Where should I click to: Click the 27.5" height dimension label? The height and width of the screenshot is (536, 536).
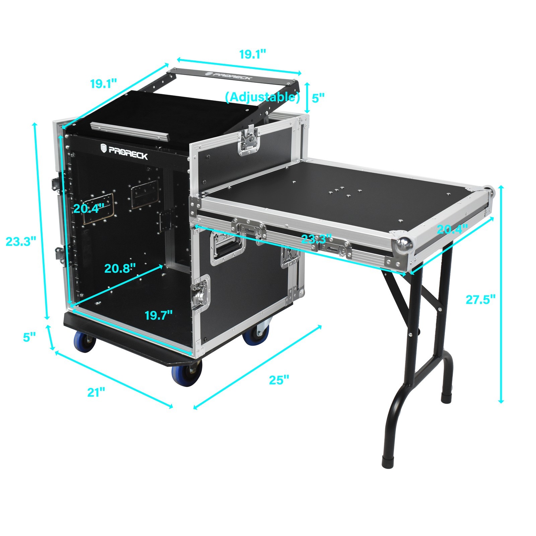480,299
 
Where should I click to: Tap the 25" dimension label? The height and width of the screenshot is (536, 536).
279,380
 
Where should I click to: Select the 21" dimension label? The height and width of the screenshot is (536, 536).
96,392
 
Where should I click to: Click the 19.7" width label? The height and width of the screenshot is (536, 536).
159,315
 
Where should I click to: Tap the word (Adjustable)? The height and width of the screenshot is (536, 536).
262,97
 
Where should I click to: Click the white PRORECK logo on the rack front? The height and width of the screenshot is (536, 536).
124,149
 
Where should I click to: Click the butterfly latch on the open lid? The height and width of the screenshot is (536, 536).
248,142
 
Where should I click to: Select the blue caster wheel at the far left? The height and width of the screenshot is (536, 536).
84,342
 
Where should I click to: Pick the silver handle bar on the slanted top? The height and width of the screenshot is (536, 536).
129,131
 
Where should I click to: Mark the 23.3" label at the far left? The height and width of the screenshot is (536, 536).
21,241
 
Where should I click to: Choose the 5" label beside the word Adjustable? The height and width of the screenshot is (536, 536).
318,98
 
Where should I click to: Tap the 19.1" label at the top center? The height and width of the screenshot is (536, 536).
253,54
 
